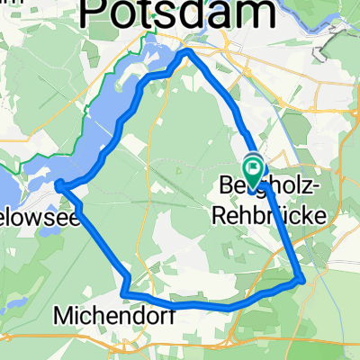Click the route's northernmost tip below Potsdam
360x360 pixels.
pyautogui.click(x=187, y=51)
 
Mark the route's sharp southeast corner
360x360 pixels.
pyautogui.click(x=300, y=279)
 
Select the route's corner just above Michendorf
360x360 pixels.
pyautogui.click(x=125, y=293)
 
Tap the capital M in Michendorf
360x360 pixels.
pyautogui.click(x=61, y=316)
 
